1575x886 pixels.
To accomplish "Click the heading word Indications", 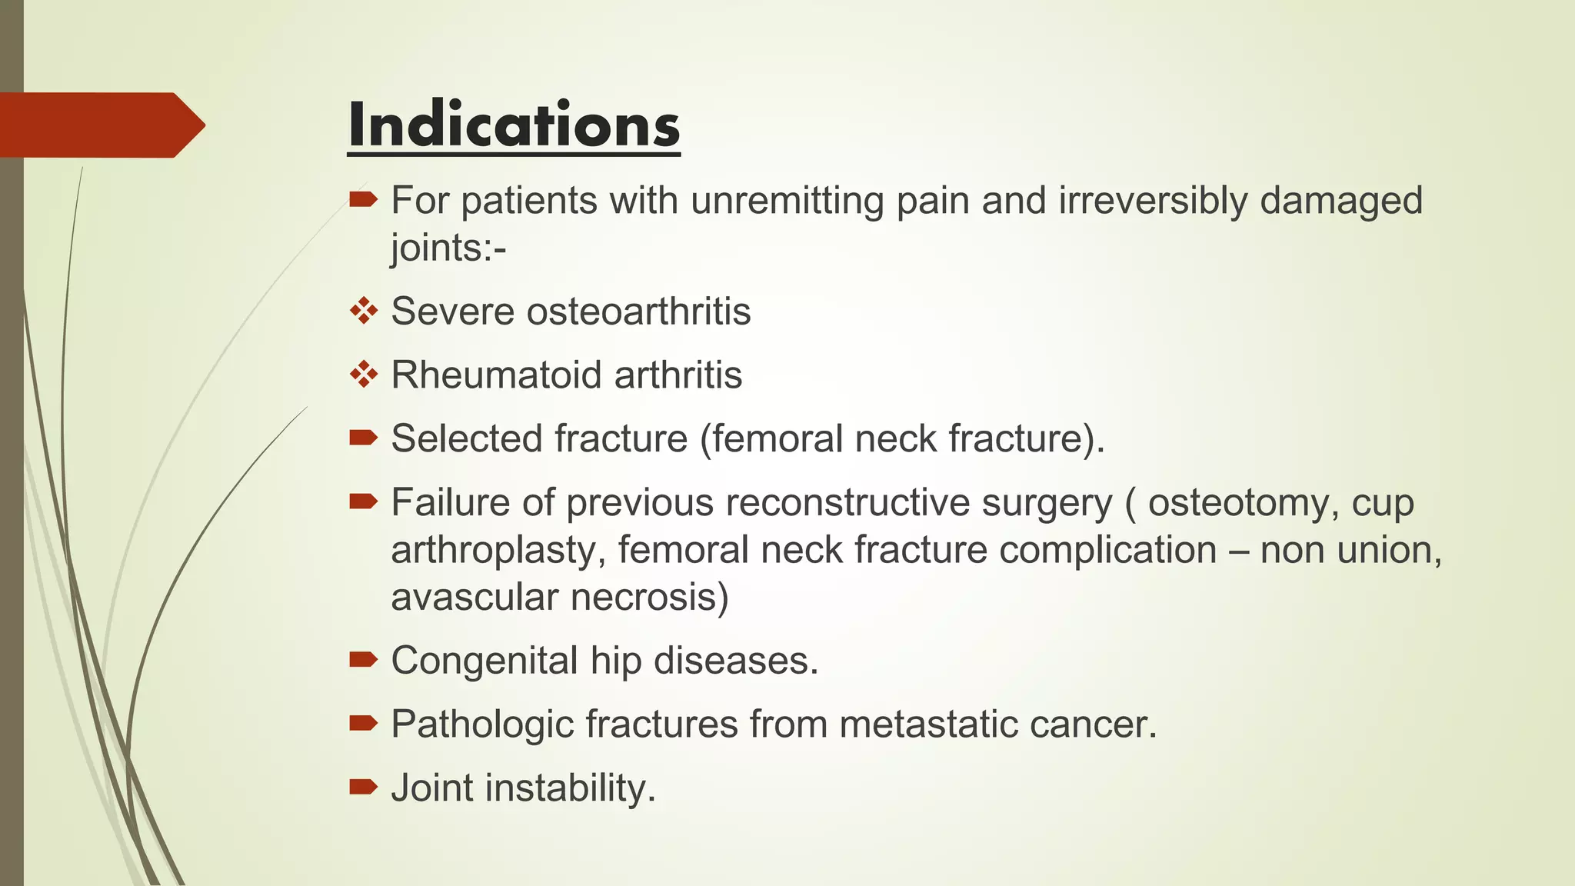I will tap(514, 125).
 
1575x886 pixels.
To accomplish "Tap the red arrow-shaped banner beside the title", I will tap(100, 125).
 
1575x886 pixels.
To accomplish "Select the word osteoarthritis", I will tap(638, 311).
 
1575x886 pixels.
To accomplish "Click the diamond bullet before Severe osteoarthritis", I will tap(364, 311).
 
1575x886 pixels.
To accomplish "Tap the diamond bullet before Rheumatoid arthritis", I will tap(364, 375).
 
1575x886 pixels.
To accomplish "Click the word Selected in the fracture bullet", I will tap(467, 439).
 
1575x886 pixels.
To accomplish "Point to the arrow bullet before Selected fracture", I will tap(363, 438).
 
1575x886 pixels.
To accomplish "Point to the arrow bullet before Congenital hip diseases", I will tap(363, 659).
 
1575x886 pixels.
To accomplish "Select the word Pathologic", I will tap(482, 724).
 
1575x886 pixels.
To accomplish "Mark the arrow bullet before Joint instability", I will tap(363, 786).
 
